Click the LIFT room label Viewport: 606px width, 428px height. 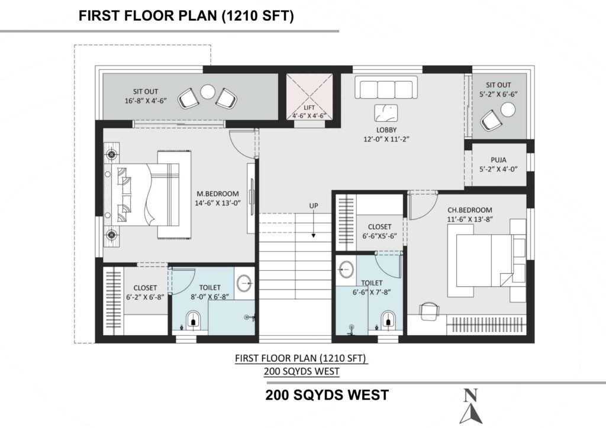tap(309, 108)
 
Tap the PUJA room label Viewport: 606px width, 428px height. tap(498, 160)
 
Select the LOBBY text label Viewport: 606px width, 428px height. tap(386, 130)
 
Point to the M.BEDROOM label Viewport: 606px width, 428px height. tap(218, 194)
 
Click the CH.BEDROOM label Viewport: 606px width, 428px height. tap(470, 210)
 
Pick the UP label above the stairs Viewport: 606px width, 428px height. tap(314, 206)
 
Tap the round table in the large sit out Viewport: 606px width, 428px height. tap(208, 92)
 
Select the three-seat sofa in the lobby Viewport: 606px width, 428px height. tap(386, 89)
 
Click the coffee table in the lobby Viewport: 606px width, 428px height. tap(386, 113)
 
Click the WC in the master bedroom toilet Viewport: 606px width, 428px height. tap(194, 321)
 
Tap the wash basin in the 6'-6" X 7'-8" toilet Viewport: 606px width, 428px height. tap(346, 268)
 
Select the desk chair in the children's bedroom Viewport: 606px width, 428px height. tap(430, 312)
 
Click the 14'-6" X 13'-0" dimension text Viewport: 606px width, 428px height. tap(218, 203)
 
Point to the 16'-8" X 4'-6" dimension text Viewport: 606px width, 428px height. tap(146, 100)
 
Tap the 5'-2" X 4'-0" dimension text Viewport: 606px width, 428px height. tap(498, 169)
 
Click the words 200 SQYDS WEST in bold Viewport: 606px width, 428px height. tap(327, 395)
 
